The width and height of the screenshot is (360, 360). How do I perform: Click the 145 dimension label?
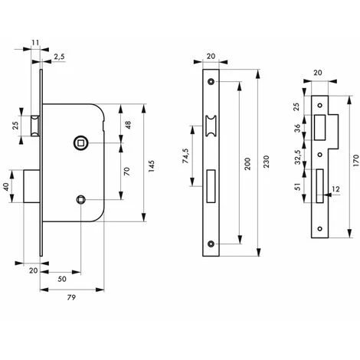click(x=152, y=166)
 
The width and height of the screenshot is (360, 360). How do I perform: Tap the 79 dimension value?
click(x=71, y=297)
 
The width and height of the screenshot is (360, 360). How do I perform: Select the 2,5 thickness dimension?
click(x=59, y=57)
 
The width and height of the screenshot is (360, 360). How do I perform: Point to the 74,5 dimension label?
click(x=185, y=155)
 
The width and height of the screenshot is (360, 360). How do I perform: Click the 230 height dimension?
click(x=266, y=162)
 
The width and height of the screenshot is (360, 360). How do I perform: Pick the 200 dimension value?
click(x=247, y=164)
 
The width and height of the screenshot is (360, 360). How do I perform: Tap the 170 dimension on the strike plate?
click(x=356, y=160)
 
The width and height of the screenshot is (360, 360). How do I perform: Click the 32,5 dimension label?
click(x=297, y=157)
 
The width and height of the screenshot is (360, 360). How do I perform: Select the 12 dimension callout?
click(x=336, y=189)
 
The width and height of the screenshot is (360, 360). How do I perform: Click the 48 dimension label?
click(x=128, y=125)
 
